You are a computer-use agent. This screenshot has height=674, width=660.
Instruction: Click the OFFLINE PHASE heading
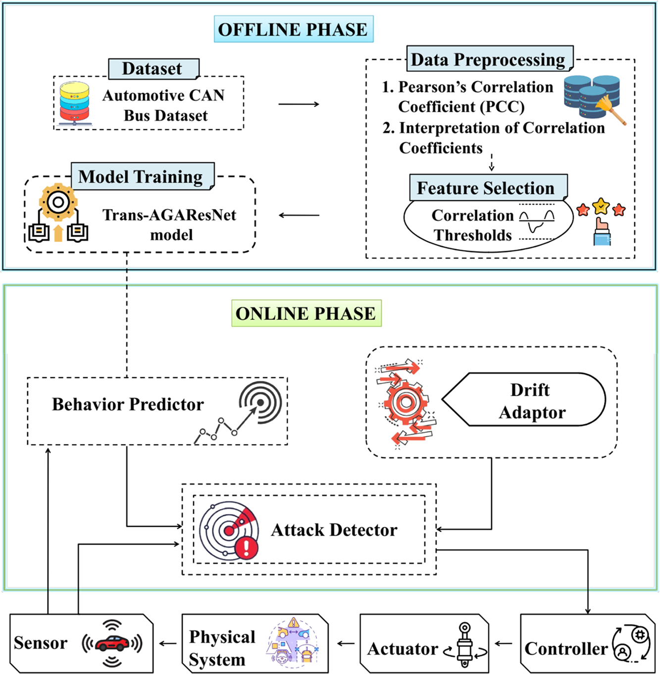point(294,29)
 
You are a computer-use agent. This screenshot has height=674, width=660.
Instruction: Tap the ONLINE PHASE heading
point(306,313)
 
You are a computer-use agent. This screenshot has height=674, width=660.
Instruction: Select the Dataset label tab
point(153,68)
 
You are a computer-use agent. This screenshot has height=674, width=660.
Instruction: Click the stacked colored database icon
point(74,104)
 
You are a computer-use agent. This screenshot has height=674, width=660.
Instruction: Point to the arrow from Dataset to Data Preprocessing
point(299,104)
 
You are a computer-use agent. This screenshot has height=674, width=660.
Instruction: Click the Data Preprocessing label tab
point(490,59)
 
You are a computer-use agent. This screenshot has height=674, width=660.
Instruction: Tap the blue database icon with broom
point(595,99)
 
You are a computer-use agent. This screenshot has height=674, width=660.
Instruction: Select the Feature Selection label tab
point(488,188)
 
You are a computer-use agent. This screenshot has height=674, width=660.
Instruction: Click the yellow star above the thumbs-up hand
point(601,206)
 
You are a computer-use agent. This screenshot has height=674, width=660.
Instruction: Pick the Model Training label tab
point(143,176)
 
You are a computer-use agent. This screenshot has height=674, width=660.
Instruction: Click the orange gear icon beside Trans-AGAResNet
point(58,202)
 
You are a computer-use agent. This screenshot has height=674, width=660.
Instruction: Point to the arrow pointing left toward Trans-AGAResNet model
point(299,215)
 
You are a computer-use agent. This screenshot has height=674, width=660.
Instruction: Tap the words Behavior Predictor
point(128,404)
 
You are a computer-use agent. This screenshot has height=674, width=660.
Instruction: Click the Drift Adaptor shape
point(523,400)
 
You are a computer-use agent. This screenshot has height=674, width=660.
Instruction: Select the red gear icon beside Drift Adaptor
point(406,403)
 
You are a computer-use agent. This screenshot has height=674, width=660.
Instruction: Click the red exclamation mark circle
point(247,548)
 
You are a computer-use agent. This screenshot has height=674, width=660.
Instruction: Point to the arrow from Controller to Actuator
point(504,643)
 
